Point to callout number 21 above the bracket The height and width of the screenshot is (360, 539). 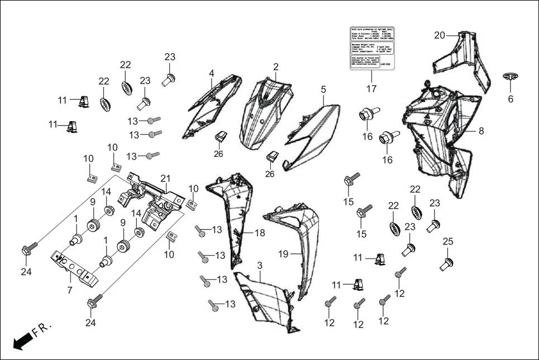coord(165,179)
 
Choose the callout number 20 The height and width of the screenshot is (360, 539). coord(440,36)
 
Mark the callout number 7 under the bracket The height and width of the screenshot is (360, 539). coord(70,290)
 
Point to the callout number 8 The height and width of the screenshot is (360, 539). coord(480,132)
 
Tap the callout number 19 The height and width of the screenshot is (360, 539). coord(283,254)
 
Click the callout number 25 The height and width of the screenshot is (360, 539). coord(447,241)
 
